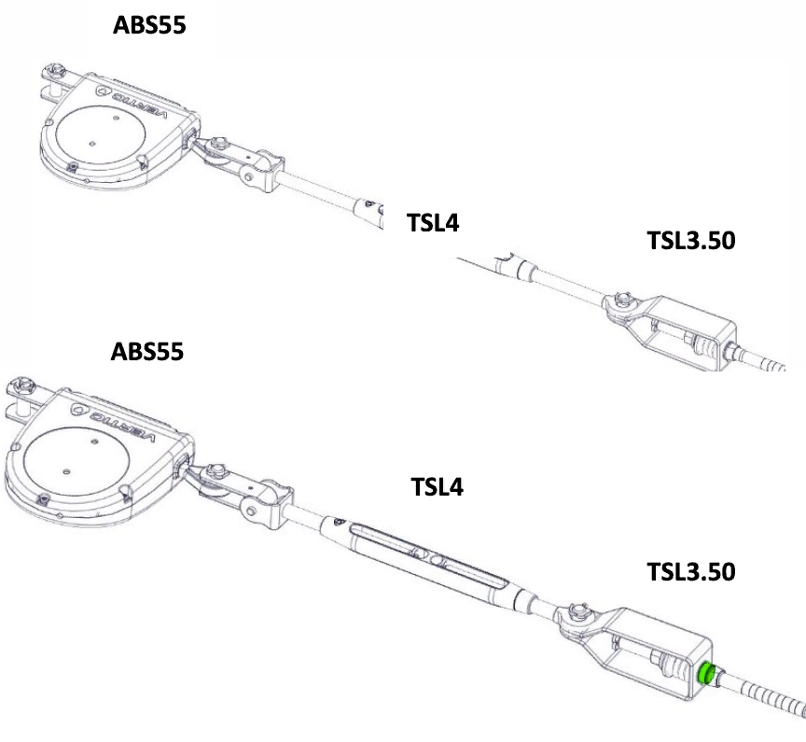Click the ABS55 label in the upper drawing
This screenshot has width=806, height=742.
tap(149, 24)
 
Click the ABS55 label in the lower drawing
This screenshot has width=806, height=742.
tap(147, 352)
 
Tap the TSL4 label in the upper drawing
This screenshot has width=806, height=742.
tap(433, 223)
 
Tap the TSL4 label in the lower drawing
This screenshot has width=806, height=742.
tap(437, 486)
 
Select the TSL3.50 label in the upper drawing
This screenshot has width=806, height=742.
tap(691, 241)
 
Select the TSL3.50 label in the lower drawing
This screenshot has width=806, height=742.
tap(691, 572)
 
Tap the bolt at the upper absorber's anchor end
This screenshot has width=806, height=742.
tap(53, 70)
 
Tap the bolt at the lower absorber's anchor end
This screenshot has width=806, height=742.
tap(22, 384)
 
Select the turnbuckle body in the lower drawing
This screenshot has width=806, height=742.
tap(428, 557)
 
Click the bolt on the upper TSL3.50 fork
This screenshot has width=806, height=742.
tap(623, 299)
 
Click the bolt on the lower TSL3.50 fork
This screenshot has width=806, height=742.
tap(578, 613)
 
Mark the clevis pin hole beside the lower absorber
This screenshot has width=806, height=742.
tap(251, 511)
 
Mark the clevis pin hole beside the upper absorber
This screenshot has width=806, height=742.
tap(249, 177)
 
